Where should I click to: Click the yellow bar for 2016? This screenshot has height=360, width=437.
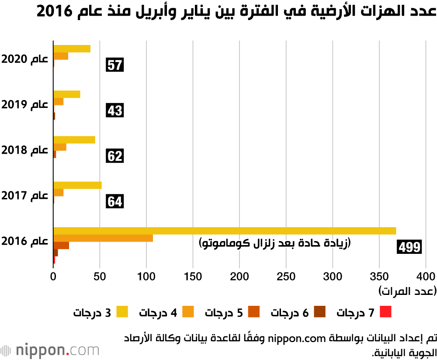click(225, 231)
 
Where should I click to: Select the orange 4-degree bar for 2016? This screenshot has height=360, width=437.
click(103, 238)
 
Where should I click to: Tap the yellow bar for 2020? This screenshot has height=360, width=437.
click(72, 48)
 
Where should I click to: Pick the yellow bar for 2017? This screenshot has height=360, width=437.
click(77, 185)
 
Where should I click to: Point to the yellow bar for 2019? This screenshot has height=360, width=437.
click(66, 94)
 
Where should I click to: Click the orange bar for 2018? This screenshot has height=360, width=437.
click(60, 147)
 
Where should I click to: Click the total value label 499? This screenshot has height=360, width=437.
click(409, 247)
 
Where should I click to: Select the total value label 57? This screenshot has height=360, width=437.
click(115, 66)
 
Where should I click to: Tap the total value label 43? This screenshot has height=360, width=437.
click(115, 111)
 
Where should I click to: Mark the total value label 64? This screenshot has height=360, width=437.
click(115, 202)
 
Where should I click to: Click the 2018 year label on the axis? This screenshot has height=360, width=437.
click(25, 150)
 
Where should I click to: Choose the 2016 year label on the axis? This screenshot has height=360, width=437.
click(25, 241)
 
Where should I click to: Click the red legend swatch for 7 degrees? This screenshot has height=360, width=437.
click(385, 312)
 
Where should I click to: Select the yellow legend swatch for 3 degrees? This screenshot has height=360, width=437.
click(122, 312)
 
